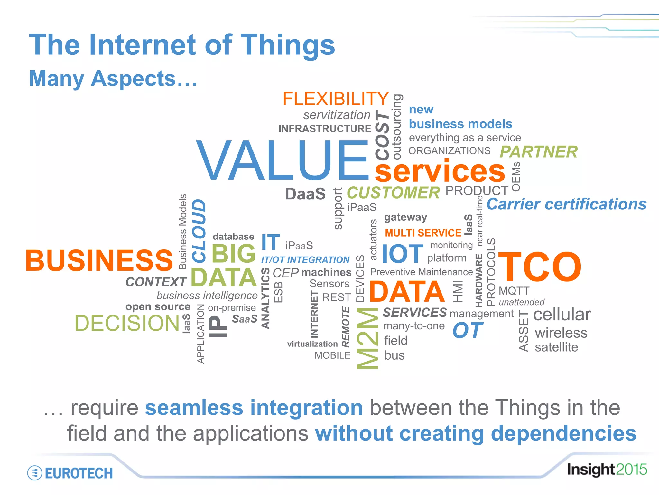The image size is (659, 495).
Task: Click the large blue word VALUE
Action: tap(283, 160)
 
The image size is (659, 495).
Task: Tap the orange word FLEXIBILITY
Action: tap(336, 99)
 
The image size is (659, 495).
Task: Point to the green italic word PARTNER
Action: tap(538, 152)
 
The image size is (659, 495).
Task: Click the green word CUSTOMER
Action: tap(393, 193)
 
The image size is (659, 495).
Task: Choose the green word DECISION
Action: tap(127, 323)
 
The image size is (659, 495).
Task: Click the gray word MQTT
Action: tap(514, 291)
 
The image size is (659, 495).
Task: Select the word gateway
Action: tap(405, 218)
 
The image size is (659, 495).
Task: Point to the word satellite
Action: tap(556, 347)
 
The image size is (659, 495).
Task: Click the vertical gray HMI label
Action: tap(458, 291)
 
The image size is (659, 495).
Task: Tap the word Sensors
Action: tap(329, 284)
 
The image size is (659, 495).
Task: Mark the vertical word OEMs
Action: tap(516, 177)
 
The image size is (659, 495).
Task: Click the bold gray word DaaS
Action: tap(305, 194)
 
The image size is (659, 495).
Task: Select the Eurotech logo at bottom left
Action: tap(70, 473)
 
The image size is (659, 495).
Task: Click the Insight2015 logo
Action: tap(607, 470)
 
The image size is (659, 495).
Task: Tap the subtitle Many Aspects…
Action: tap(113, 78)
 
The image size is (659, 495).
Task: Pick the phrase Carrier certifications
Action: tap(566, 204)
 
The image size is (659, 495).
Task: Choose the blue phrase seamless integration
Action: tap(254, 407)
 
